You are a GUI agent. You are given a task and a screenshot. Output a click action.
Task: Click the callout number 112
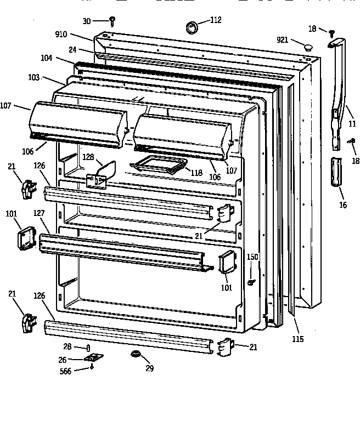[x=216, y=20]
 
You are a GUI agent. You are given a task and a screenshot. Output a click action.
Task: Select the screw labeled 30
[x=113, y=21]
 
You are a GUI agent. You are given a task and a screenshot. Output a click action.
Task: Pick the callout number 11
[x=352, y=124]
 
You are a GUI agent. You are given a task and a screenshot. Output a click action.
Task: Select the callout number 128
[x=88, y=157]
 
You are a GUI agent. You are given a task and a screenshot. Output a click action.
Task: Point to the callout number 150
[x=252, y=257]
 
